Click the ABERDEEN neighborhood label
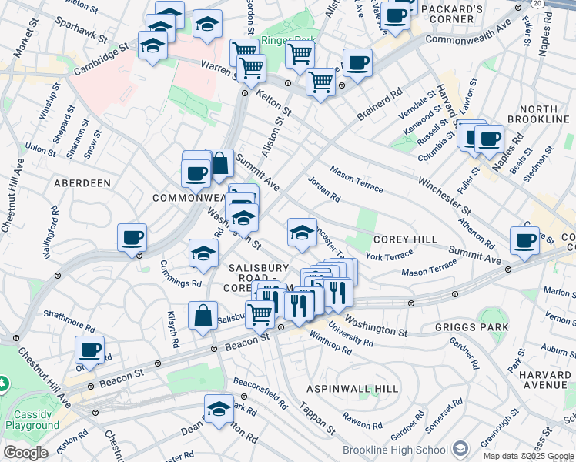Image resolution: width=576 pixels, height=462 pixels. tap(82, 183)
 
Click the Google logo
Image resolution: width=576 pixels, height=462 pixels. tap(25, 453)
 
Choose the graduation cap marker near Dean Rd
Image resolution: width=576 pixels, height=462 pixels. tap(219, 407)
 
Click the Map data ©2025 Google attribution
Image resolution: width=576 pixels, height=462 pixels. tap(527, 456)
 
